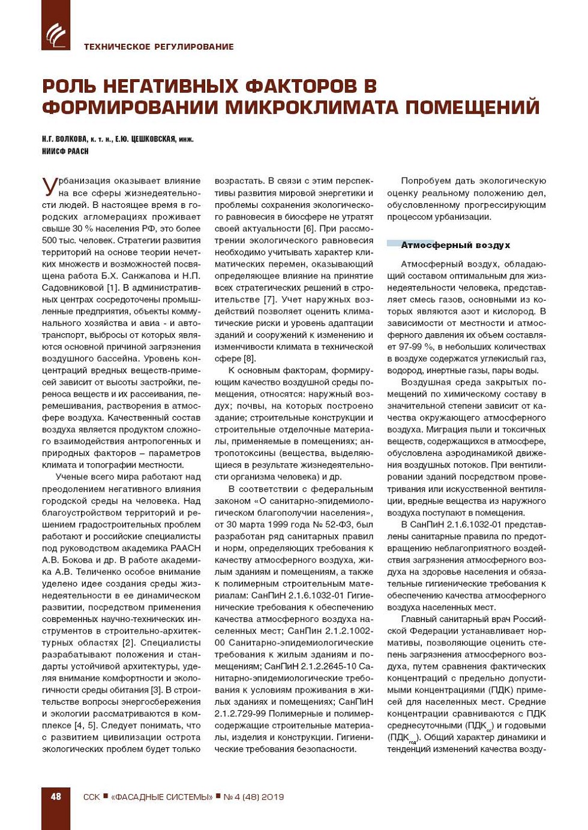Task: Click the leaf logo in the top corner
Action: (x=56, y=35)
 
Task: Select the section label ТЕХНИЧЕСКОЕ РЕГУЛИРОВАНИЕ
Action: (x=158, y=47)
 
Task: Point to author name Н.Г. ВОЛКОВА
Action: (x=65, y=140)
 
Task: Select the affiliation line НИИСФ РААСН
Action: (x=65, y=152)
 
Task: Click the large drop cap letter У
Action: (x=50, y=186)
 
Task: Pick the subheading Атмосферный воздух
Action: (x=455, y=245)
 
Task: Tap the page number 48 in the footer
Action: (x=56, y=796)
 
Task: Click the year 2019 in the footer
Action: (x=272, y=797)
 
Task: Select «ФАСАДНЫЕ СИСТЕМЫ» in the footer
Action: (x=162, y=797)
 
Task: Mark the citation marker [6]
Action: (x=308, y=228)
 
